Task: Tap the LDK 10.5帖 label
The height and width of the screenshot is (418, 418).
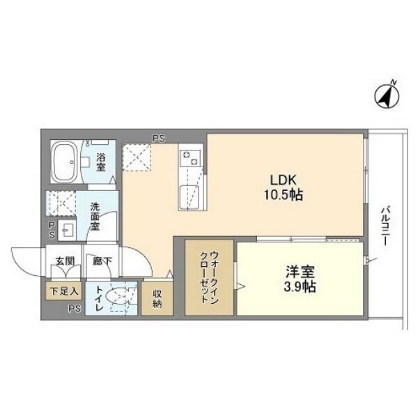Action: pos(284,188)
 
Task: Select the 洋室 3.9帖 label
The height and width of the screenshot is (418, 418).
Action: pos(300,279)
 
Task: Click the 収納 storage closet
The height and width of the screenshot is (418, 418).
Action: pos(157,299)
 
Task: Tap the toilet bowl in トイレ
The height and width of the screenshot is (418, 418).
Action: pos(117,296)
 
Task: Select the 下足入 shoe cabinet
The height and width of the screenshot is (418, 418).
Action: pos(63,291)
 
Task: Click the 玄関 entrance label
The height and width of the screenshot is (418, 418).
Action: pos(65,261)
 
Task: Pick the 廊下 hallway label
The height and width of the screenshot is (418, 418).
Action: pos(102,261)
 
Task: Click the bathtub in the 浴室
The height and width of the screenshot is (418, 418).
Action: pos(64,162)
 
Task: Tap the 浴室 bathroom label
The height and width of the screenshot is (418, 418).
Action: pos(101,162)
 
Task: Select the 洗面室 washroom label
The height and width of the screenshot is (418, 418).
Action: pos(95,217)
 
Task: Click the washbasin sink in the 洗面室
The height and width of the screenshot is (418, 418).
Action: pos(67,231)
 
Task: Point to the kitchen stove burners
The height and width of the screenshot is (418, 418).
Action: pos(189,158)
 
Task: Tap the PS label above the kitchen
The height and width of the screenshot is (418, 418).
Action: pos(159,139)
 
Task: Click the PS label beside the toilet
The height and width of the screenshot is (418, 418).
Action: pos(75,309)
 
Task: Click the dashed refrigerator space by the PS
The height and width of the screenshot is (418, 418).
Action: pos(137,157)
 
